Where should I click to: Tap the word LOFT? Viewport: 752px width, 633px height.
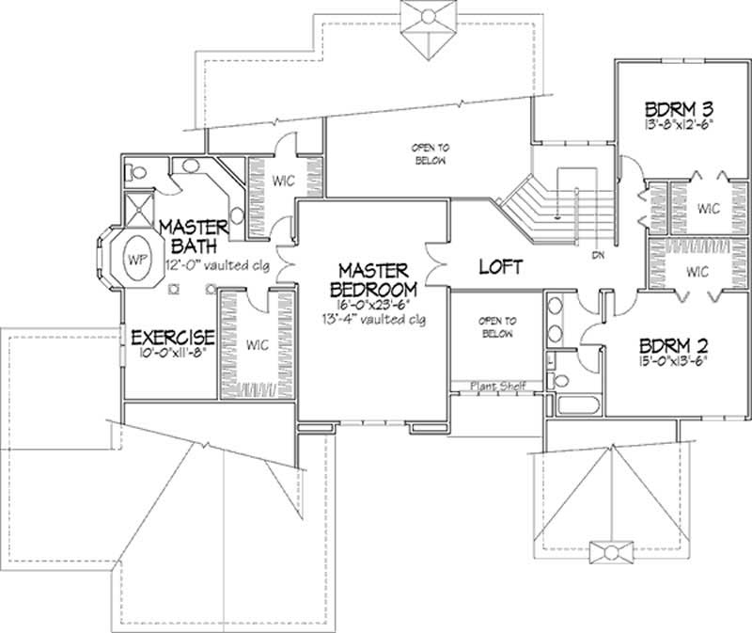coord(500,267)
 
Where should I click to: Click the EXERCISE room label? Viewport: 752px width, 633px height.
coord(173,336)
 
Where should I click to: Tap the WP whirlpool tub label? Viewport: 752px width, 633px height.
coord(137,257)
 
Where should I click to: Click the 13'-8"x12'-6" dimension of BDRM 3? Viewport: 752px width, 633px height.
coord(679,123)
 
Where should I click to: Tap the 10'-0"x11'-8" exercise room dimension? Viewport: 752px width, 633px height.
coord(173,355)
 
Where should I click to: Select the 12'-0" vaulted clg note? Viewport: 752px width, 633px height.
coord(217,265)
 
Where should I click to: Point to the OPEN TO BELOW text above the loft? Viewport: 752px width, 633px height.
coord(428,154)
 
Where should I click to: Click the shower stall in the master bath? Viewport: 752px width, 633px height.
coord(139,209)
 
